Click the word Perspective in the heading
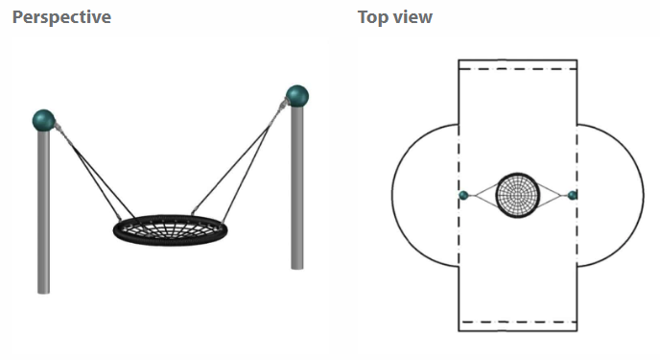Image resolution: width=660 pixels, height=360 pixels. (x=61, y=17)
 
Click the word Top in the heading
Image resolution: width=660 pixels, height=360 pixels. (x=373, y=17)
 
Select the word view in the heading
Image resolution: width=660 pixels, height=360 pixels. (x=412, y=17)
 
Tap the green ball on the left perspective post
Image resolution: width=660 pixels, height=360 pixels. (x=44, y=120)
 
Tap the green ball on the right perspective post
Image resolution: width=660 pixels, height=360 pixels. (x=297, y=96)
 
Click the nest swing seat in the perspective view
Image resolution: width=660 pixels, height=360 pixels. (x=170, y=229)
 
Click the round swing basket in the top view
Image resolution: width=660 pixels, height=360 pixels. (x=518, y=196)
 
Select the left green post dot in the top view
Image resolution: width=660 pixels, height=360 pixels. (x=463, y=196)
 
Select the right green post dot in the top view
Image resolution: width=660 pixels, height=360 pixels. (x=572, y=196)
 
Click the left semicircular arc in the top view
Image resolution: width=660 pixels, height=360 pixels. (x=391, y=196)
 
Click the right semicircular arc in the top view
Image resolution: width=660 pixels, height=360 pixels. (x=643, y=196)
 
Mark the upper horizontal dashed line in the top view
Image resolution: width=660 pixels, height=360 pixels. (x=518, y=68)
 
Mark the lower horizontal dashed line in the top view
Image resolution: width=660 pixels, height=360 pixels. (x=518, y=323)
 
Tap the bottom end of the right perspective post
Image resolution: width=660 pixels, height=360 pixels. (x=297, y=268)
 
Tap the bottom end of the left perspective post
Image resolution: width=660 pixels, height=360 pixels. (x=44, y=292)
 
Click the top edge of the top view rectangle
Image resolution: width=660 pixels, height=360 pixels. (x=518, y=60)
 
